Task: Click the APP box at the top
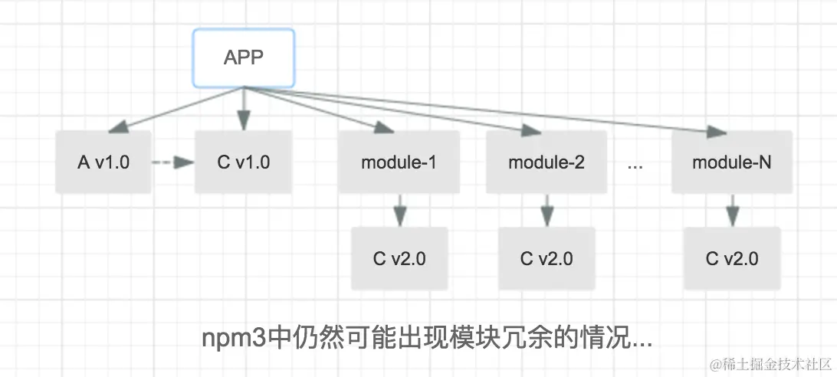[x=244, y=57]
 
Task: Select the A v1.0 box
[x=103, y=162]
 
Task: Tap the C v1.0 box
[x=244, y=162]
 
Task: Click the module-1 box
[x=399, y=162]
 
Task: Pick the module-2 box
[x=546, y=162]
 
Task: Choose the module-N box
[x=732, y=162]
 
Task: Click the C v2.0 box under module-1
[x=399, y=258]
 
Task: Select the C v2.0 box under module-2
[x=547, y=258]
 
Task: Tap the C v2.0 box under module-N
[x=732, y=258]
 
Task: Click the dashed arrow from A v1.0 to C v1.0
[x=173, y=162]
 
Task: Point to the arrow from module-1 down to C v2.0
[x=400, y=211]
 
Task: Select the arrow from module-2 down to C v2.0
[x=546, y=211]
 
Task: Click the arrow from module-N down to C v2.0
[x=733, y=211]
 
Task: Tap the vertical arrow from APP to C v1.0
[x=244, y=109]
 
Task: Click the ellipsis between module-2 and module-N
[x=635, y=166]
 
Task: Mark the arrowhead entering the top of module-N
[x=716, y=132]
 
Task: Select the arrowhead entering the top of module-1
[x=384, y=127]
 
